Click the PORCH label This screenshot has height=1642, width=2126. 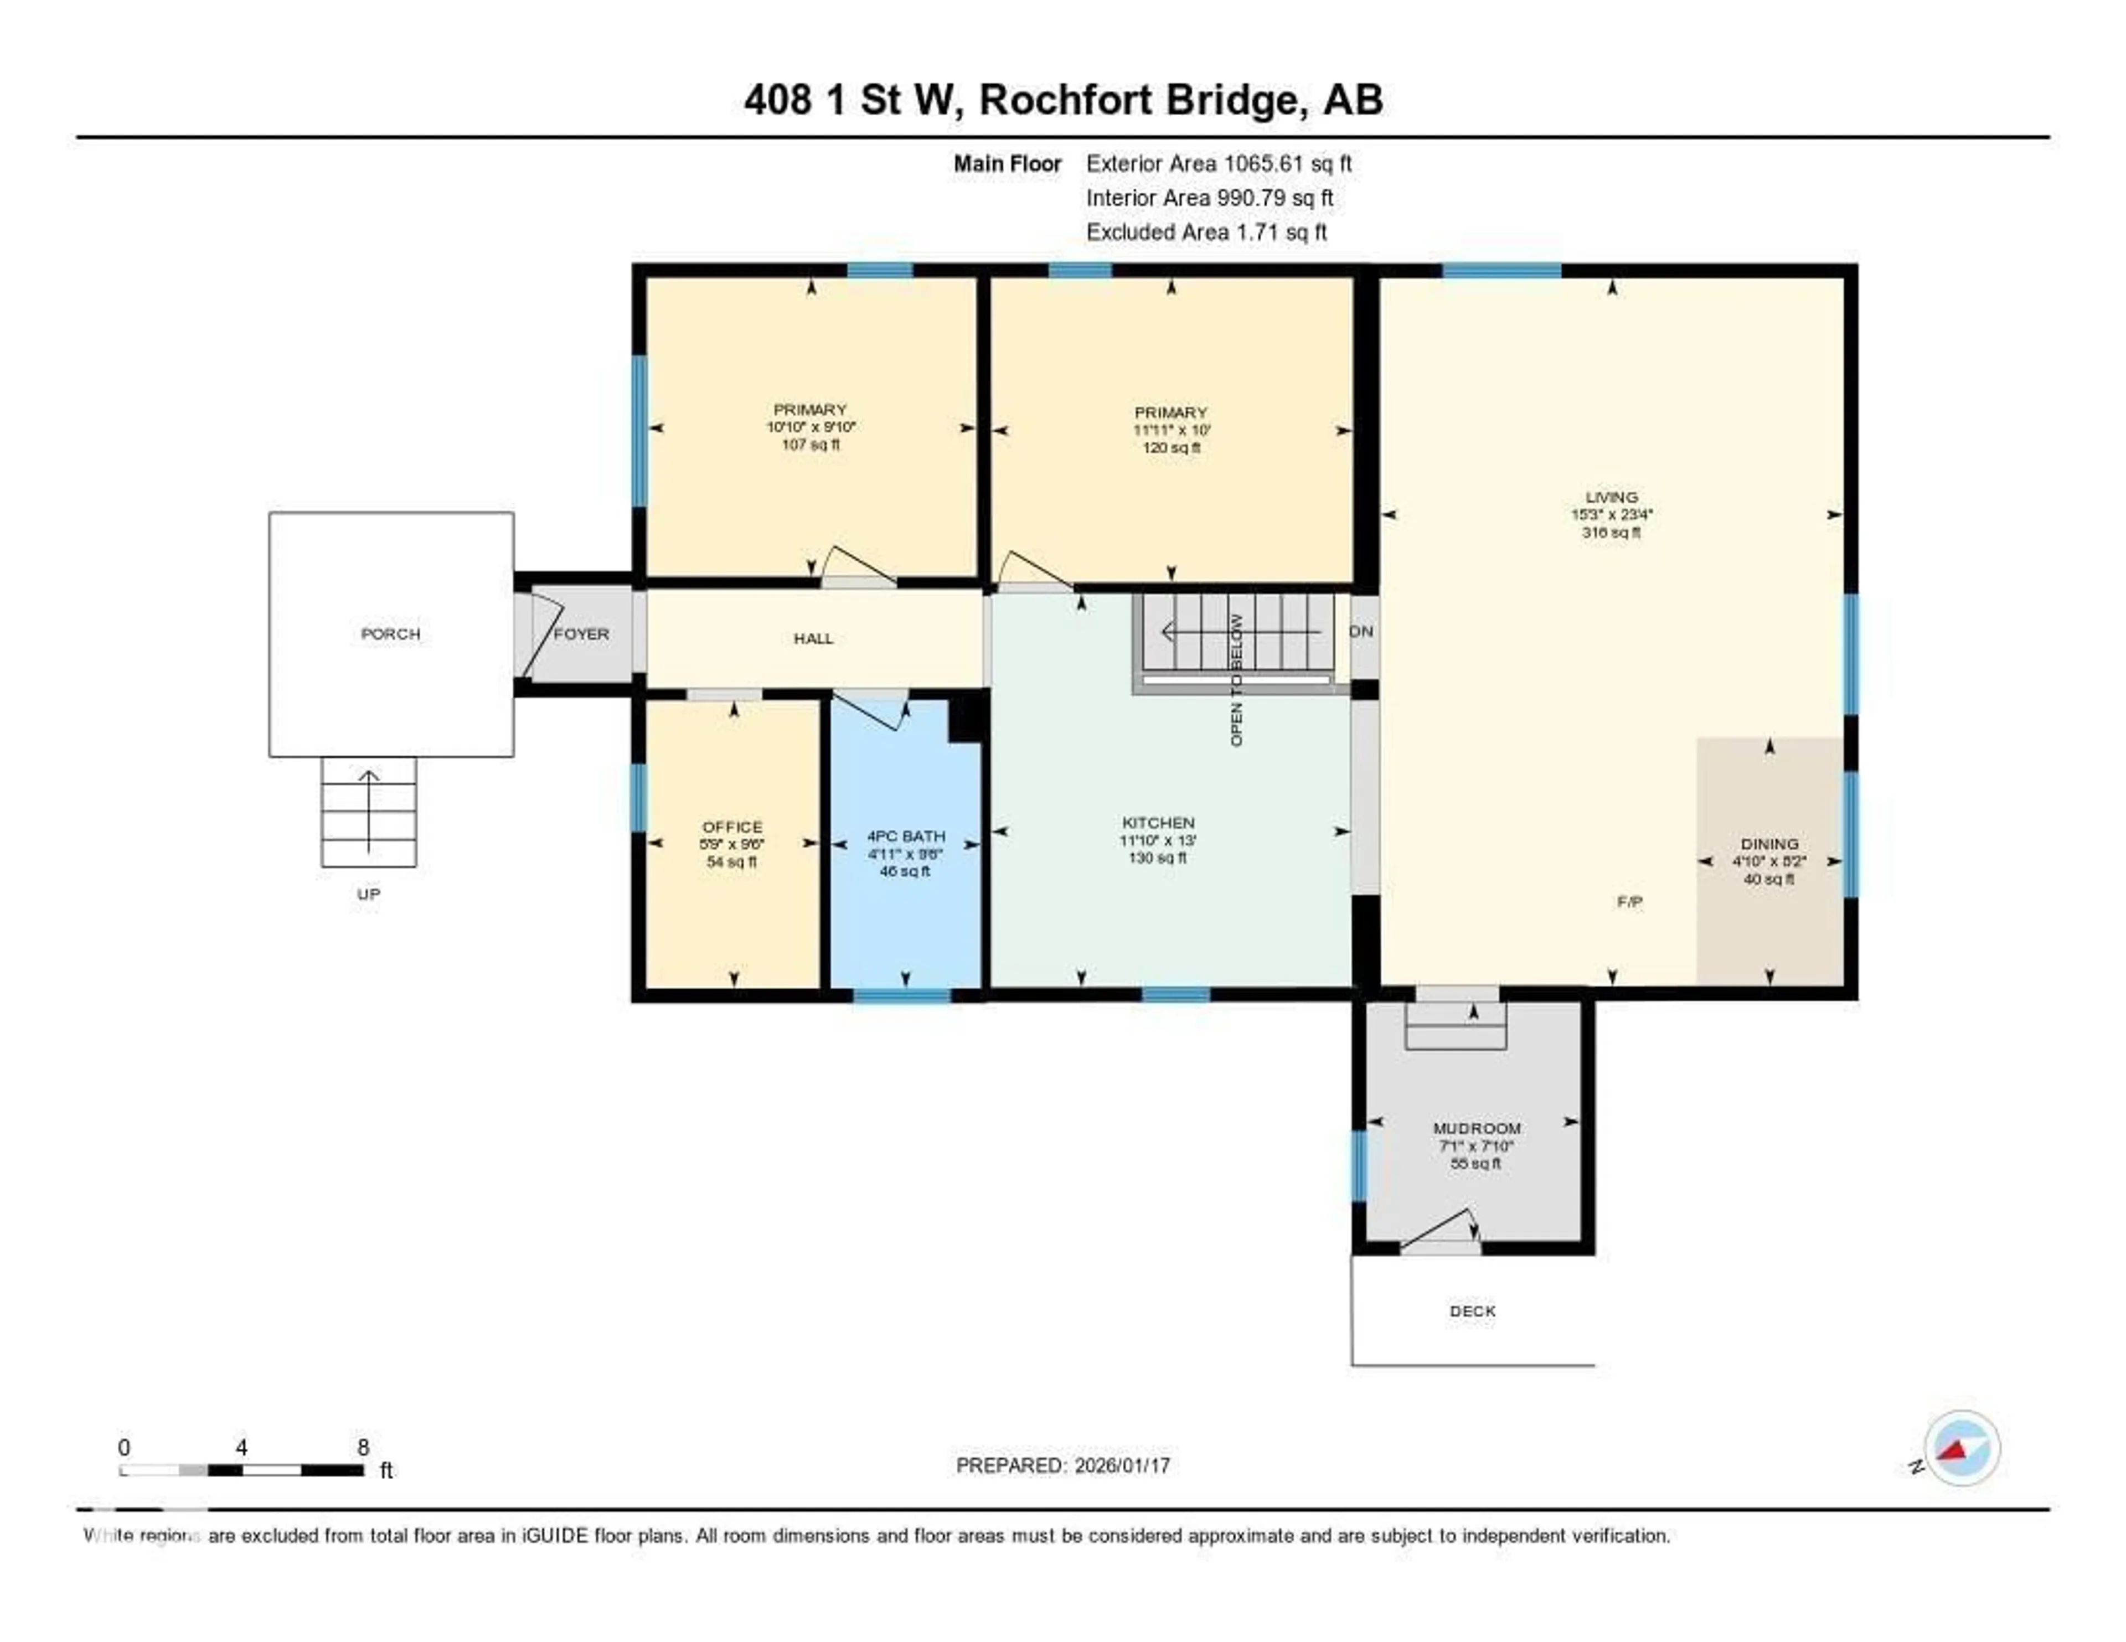(390, 634)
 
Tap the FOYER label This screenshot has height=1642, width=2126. (581, 634)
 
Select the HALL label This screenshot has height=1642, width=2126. (813, 638)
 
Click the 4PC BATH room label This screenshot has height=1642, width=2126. (905, 836)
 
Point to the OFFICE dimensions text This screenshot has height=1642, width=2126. (732, 845)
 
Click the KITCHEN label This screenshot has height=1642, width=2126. (1158, 823)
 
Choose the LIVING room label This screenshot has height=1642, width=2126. (1611, 497)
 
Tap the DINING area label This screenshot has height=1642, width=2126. (1769, 844)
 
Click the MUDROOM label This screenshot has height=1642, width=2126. (1475, 1128)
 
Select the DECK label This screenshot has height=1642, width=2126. (1472, 1311)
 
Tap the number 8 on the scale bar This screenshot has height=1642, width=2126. (363, 1447)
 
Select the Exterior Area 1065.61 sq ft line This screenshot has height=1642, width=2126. (1218, 163)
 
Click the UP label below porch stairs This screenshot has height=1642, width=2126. (368, 894)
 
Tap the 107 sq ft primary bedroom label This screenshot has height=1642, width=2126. (810, 445)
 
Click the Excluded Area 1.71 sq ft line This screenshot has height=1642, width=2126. (1206, 231)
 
